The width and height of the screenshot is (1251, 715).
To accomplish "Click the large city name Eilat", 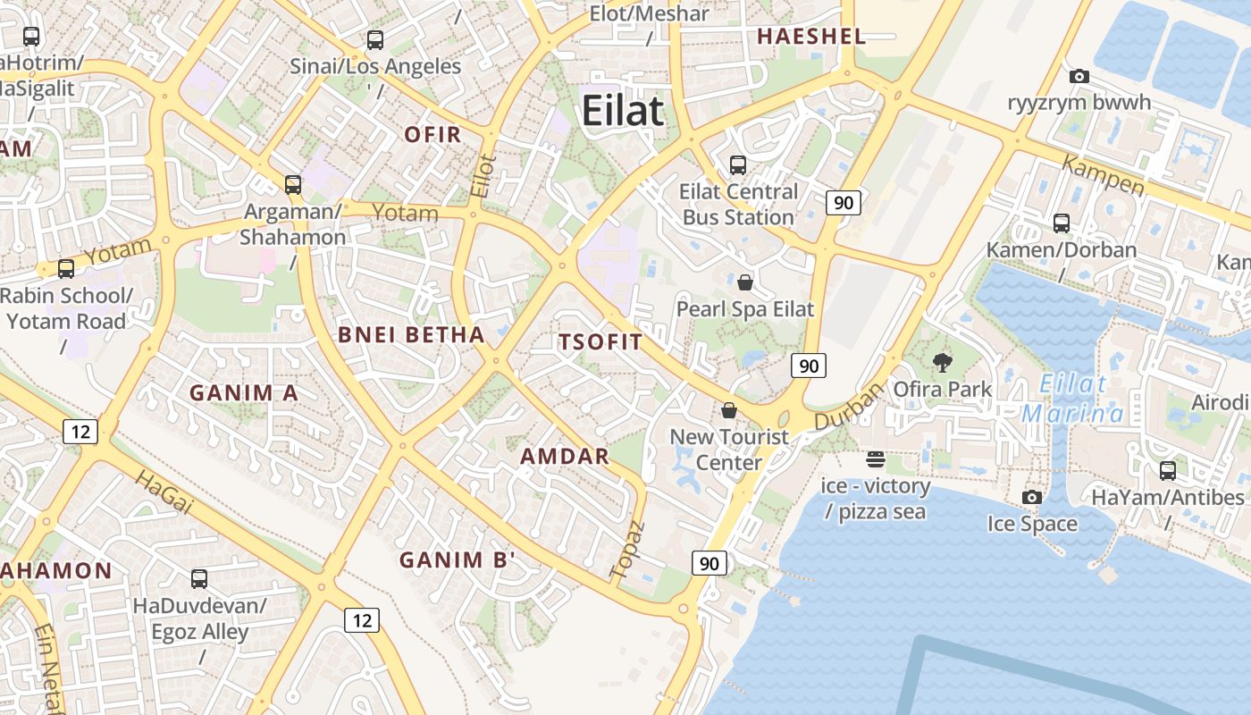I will point(623,112).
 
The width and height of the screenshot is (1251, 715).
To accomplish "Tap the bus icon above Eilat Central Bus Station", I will point(738,164).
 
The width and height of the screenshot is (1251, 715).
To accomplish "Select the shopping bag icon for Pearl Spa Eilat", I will point(745,282).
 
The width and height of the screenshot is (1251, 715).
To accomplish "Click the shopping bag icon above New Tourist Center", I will point(729,410).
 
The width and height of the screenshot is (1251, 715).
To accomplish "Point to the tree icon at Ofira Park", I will point(942,362).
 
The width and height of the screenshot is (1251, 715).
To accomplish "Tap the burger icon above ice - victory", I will point(876,459).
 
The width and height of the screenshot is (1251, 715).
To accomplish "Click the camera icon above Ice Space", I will point(1032,497).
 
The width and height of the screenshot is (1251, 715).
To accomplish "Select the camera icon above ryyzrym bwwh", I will point(1079,77).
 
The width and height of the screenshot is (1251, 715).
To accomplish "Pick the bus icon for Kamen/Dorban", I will point(1062,223).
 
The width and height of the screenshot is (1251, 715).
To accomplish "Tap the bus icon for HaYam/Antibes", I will point(1168,470).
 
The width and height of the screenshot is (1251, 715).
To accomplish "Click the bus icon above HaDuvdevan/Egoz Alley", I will point(199,578).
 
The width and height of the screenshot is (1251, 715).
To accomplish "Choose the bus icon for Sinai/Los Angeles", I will point(375,39).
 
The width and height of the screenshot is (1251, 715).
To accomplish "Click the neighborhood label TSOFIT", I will point(600,341).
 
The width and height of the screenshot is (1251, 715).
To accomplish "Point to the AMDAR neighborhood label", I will point(565,456).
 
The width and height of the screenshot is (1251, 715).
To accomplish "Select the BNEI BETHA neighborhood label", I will point(411,335).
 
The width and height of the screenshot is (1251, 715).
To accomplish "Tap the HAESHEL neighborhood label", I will point(811,37).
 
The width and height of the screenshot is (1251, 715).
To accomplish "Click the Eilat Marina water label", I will point(1072,399).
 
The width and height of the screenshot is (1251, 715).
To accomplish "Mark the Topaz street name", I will point(626,548).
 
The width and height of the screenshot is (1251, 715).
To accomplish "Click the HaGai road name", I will point(164,492).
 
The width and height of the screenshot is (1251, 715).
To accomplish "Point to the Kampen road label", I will point(1103,174).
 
